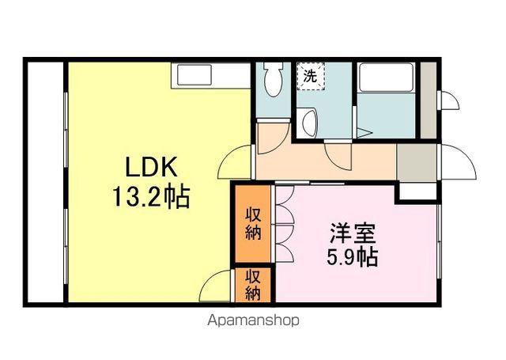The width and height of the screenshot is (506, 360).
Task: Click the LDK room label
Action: (x=155, y=168)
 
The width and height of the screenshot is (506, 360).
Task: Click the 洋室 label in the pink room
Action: (x=353, y=234)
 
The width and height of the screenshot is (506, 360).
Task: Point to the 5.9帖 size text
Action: (x=353, y=256)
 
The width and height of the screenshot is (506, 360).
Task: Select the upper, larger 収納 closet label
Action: (x=252, y=223)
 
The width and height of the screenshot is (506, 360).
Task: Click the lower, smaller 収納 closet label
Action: (x=252, y=286)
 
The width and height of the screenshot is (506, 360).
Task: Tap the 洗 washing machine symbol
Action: (x=310, y=77)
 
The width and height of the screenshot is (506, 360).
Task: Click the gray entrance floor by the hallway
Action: (x=417, y=161)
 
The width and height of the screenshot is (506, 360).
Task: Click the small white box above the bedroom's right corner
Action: (x=417, y=191)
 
